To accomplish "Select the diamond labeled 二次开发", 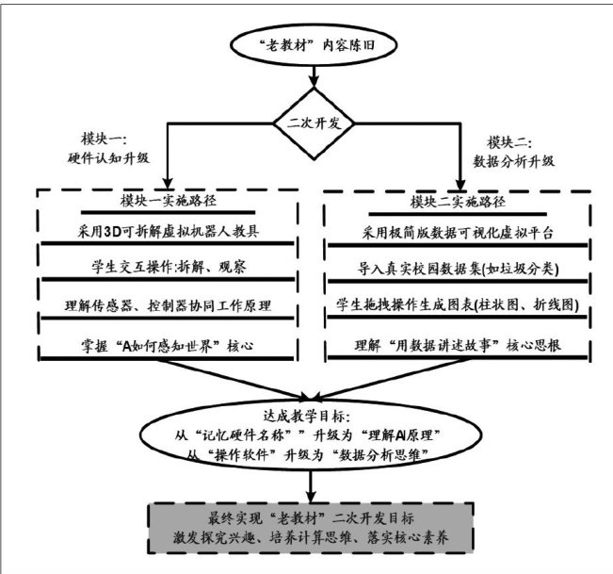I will click(310, 121).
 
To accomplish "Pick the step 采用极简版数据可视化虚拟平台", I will click(456, 232).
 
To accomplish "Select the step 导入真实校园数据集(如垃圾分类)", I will click(456, 271).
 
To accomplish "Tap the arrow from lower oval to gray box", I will click(310, 484).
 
